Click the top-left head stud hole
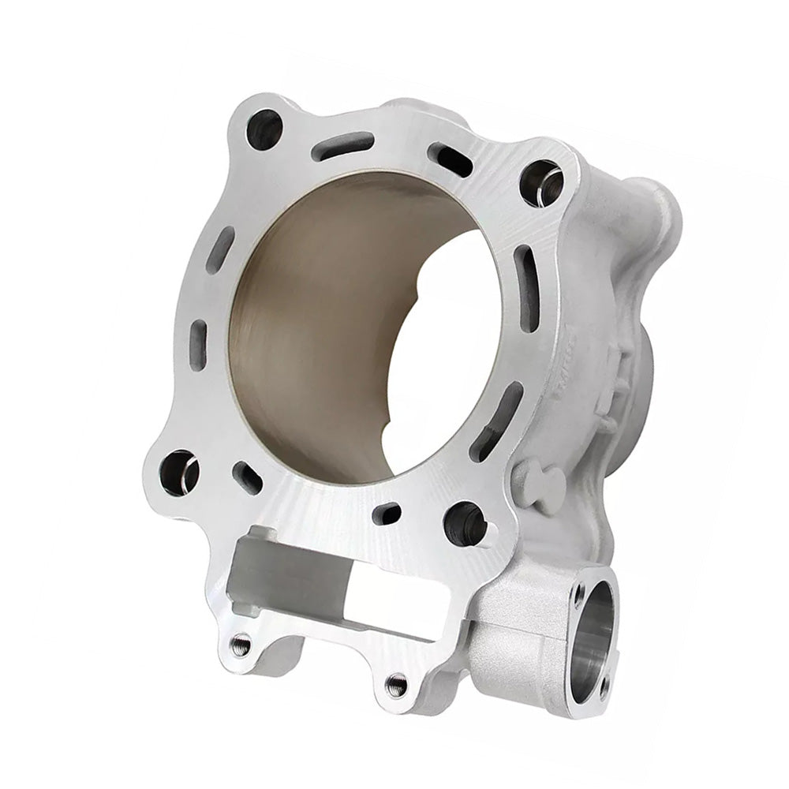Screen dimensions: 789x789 264,129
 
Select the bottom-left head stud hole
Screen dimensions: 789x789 178,471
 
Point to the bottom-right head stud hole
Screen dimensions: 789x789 465,522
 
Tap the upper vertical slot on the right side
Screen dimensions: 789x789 525,271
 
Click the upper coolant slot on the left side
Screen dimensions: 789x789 220,249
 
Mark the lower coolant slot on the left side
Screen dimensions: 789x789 199,344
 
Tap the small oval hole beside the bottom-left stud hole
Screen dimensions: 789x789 247,477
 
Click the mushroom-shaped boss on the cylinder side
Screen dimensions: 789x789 537,479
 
